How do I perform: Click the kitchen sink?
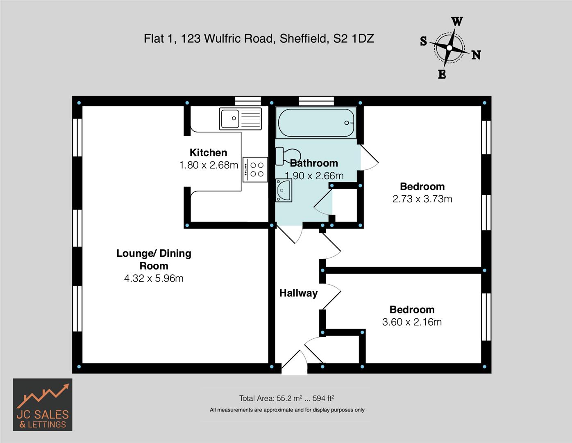240,119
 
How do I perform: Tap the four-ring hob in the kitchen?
255,169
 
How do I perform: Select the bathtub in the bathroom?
316,123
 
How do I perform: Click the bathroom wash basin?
284,190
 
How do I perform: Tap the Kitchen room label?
208,153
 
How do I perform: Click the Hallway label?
298,293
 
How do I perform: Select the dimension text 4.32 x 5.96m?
154,279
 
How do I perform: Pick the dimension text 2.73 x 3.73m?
422,199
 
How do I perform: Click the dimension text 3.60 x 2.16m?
412,322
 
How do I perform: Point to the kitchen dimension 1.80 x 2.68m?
209,165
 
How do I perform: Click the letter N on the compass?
476,55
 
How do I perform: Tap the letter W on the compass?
457,22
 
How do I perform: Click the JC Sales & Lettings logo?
43,404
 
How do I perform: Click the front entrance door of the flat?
294,363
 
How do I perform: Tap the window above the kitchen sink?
248,101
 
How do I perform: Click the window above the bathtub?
316,101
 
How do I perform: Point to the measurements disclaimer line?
287,410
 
